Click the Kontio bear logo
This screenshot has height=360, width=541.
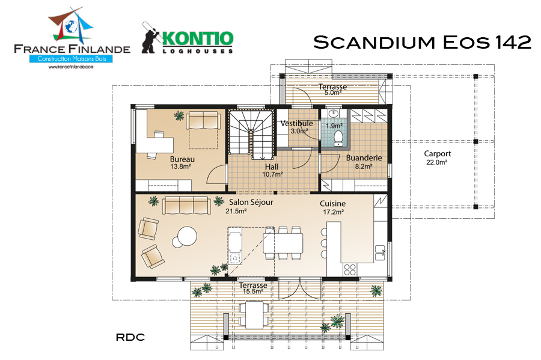pyautogui.click(x=150, y=38)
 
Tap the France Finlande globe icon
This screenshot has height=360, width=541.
pyautogui.click(x=72, y=26)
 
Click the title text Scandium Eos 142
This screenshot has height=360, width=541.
pyautogui.click(x=422, y=42)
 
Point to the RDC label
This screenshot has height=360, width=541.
pyautogui.click(x=130, y=337)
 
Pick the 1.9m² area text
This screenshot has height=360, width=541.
pyautogui.click(x=334, y=126)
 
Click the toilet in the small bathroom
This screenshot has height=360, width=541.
pyautogui.click(x=338, y=138)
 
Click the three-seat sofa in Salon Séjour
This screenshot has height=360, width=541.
pyautogui.click(x=186, y=206)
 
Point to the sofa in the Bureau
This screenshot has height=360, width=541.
pyautogui.click(x=203, y=120)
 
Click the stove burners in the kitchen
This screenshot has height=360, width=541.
pyautogui.click(x=350, y=269)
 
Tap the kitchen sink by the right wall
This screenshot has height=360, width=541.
pyautogui.click(x=380, y=253)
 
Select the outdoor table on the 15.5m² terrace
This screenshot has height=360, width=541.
pyautogui.click(x=254, y=315)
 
